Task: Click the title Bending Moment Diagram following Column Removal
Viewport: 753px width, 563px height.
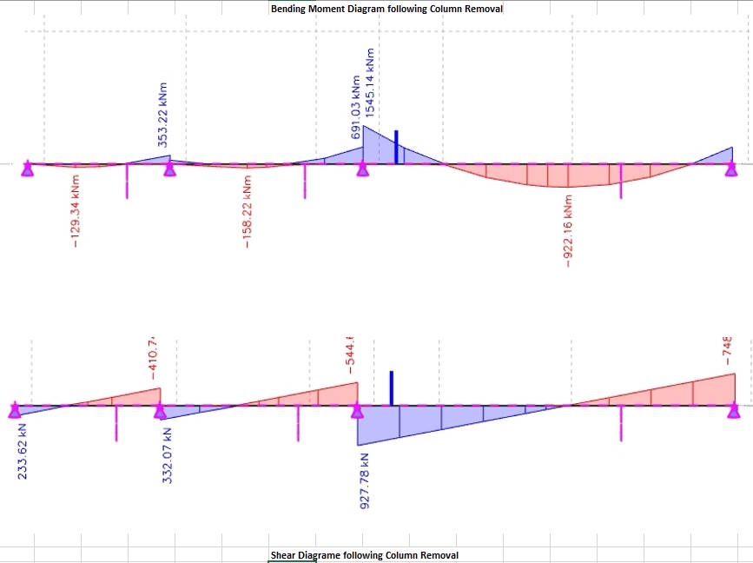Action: (x=386, y=9)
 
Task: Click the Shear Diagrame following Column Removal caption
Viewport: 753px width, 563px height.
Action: (x=364, y=555)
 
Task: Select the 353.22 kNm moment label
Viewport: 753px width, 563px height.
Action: (x=163, y=115)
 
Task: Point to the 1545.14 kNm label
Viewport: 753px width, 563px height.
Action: (x=371, y=83)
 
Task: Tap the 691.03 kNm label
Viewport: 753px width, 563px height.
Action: (x=356, y=108)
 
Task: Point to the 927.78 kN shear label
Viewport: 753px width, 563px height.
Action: (x=365, y=480)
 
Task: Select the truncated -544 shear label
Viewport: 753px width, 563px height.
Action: (x=351, y=356)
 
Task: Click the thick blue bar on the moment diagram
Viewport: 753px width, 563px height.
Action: (x=396, y=147)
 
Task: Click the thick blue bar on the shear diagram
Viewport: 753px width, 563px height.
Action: (x=392, y=387)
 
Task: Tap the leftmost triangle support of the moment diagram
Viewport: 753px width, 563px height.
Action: (x=28, y=168)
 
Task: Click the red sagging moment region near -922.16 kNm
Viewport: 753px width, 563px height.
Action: (x=569, y=174)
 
